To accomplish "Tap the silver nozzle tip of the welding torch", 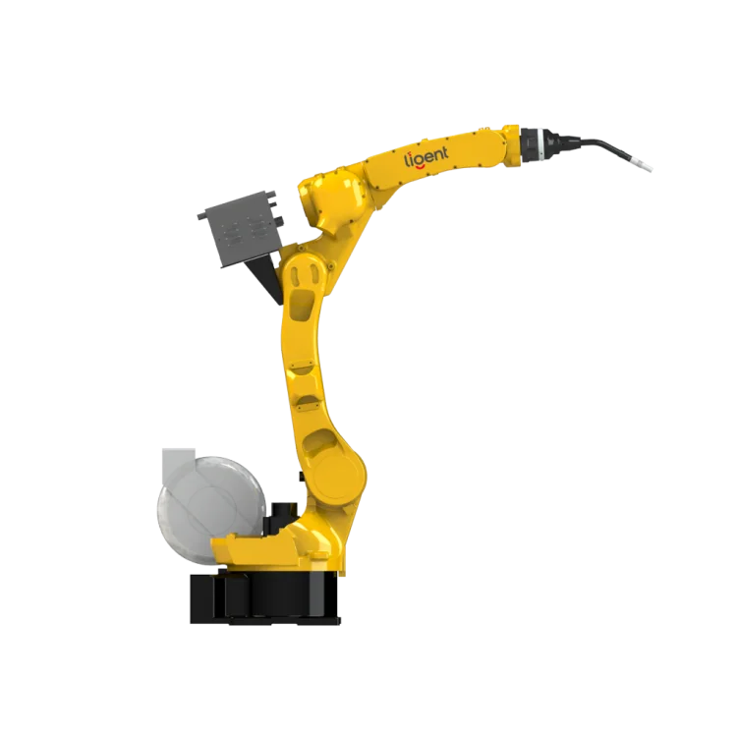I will [x=648, y=169].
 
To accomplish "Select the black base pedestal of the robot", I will [x=265, y=595].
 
